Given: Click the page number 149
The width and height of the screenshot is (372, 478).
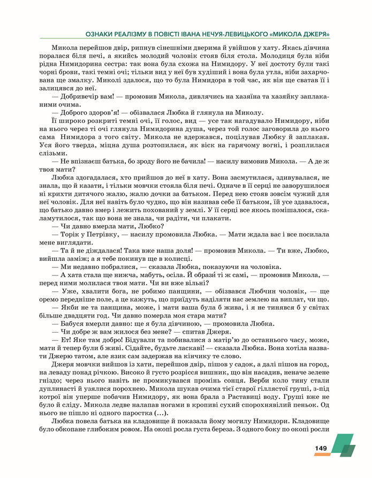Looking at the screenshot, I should (321, 448).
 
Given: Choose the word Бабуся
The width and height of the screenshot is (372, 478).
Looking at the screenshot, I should (71, 323).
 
